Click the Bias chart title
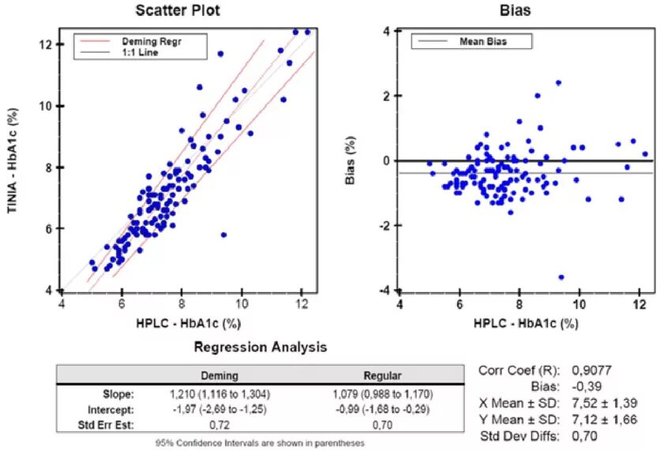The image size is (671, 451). [515, 11]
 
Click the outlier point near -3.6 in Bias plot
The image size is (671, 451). [561, 277]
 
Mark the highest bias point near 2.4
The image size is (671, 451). [558, 82]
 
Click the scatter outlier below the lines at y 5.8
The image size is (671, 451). [223, 235]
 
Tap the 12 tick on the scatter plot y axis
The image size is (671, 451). [47, 44]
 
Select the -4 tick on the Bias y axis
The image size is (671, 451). [387, 290]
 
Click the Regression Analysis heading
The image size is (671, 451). [261, 347]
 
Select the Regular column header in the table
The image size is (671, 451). [383, 377]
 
